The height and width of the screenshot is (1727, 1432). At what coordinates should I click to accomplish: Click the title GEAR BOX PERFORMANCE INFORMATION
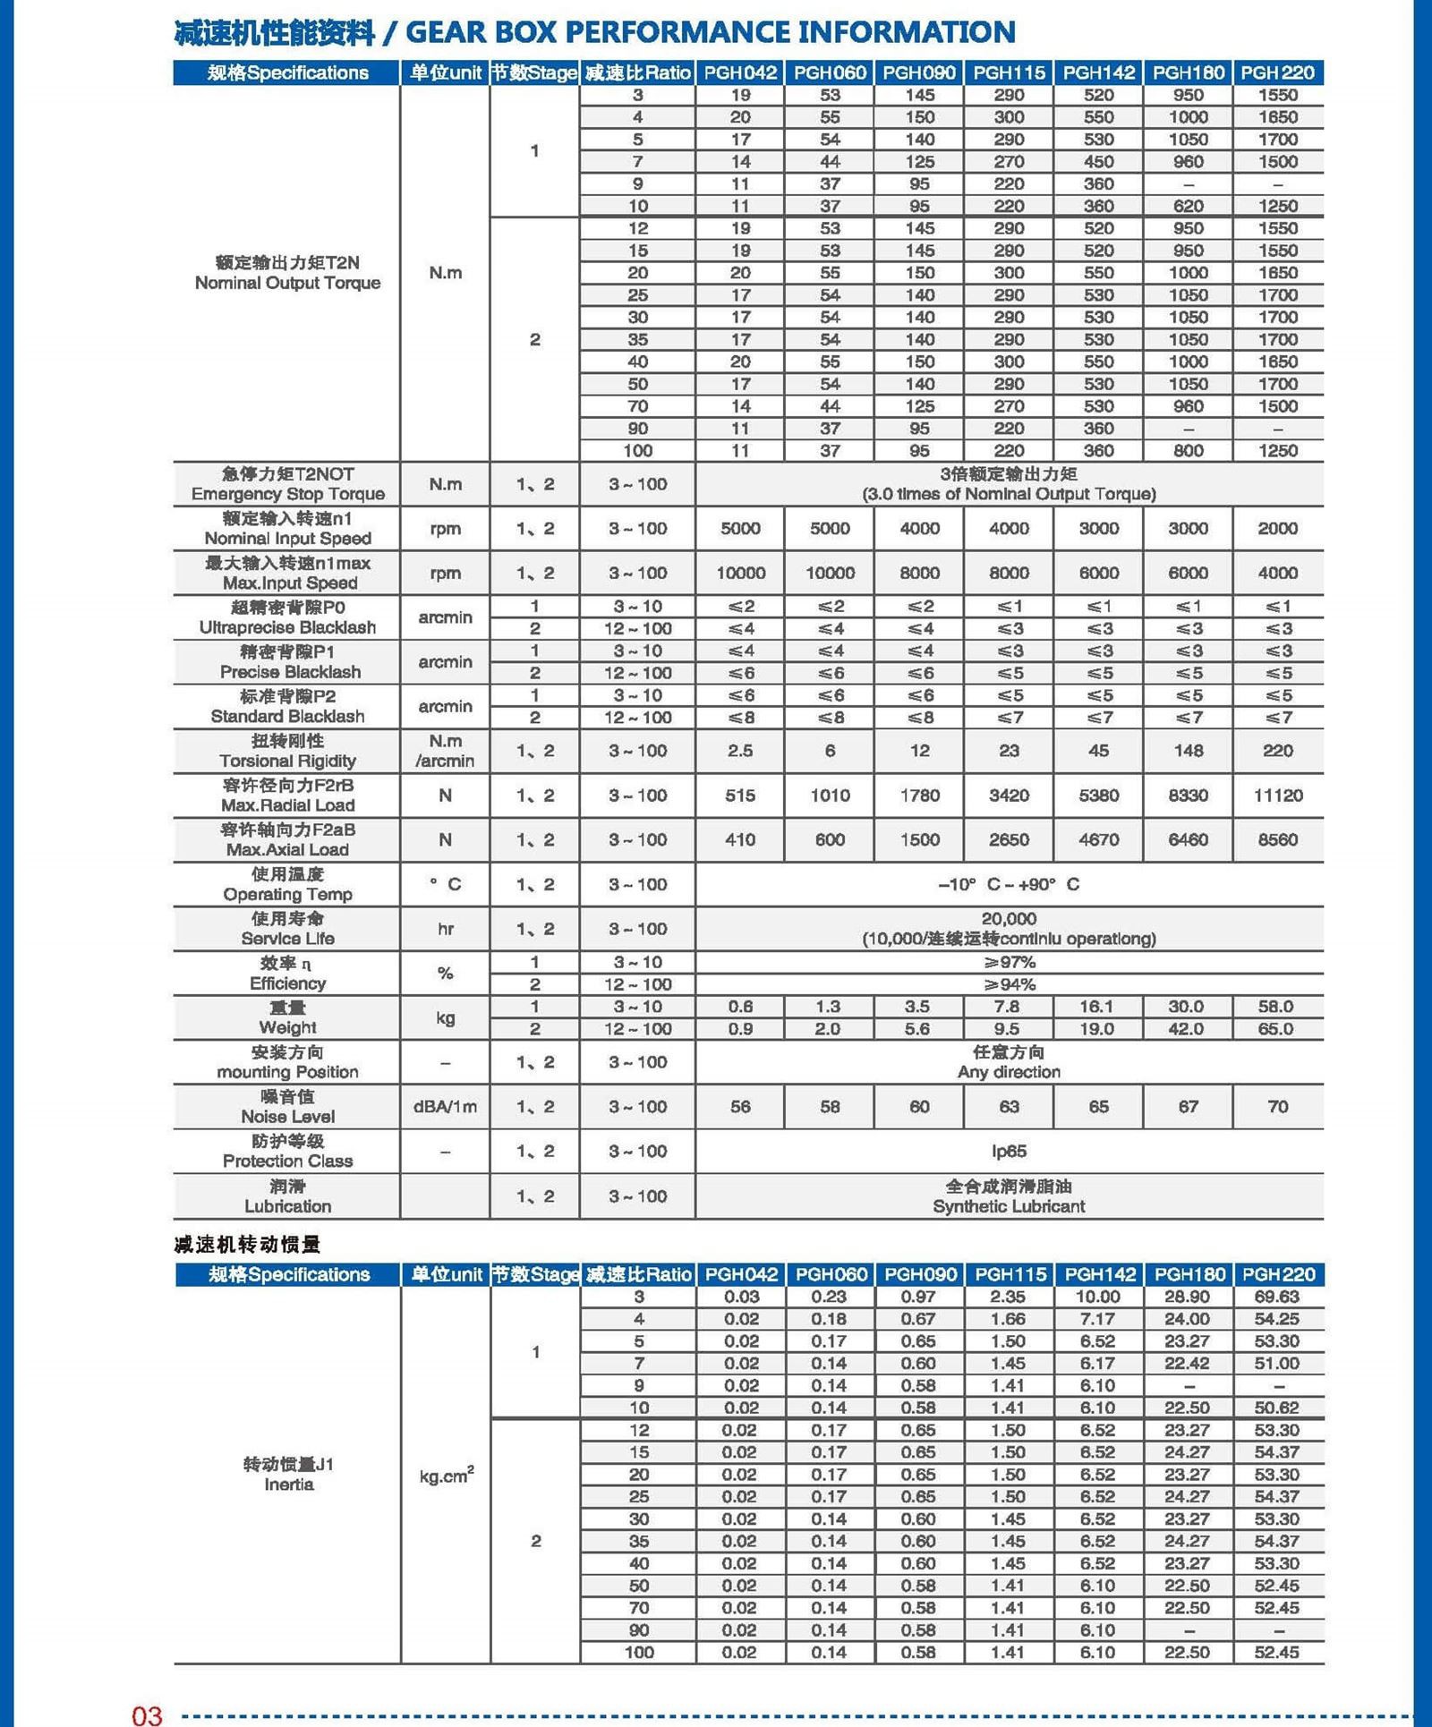711,32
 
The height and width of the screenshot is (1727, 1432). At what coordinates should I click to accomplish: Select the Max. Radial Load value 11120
1277,795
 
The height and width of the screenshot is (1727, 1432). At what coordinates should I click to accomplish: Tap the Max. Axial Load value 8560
1277,839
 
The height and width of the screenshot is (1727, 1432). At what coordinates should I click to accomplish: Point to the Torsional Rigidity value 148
1188,751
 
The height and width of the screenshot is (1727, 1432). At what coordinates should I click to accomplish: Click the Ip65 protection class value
1009,1151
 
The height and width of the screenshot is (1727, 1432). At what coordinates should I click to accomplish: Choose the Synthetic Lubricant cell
1009,1205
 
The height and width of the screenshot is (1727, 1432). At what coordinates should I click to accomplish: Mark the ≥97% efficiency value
1009,962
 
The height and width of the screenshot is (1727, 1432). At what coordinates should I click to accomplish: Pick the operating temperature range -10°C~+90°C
1009,884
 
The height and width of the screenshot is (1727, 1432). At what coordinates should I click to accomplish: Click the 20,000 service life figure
1009,919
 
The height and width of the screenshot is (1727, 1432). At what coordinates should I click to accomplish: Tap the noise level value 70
1277,1107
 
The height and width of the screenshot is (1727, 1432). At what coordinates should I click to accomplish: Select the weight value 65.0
1275,1029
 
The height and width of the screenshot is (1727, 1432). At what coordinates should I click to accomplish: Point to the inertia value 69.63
1276,1297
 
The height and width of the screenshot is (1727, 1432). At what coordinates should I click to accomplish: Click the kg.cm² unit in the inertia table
446,1475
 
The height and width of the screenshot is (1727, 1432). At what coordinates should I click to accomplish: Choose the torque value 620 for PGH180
1188,206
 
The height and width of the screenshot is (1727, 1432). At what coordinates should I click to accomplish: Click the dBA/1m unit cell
445,1107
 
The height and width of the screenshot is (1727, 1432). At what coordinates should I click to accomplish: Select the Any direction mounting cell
1009,1071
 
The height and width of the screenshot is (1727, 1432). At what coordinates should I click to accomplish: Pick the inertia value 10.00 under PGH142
1097,1297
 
